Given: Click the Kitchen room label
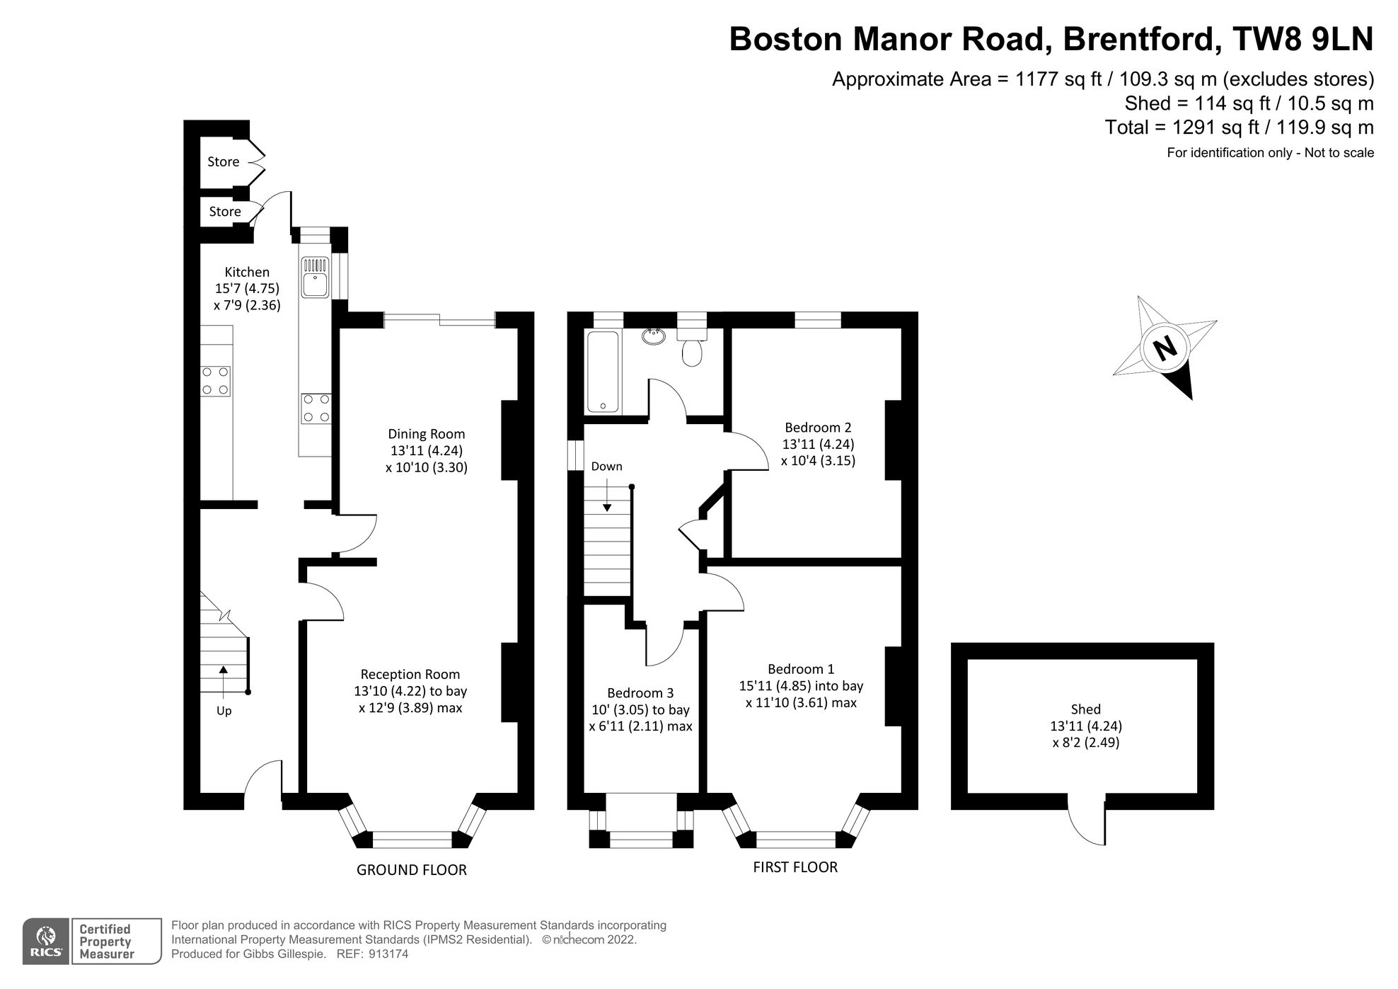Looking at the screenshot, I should click(247, 272).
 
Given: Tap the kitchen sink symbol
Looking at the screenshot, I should click(315, 278).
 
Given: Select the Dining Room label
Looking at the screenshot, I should click(426, 434).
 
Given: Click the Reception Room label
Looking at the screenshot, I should click(410, 675).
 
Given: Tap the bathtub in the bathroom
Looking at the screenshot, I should click(603, 372).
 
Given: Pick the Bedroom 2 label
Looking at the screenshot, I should click(818, 428).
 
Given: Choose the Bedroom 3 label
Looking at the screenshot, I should click(640, 693).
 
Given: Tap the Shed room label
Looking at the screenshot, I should click(1085, 709).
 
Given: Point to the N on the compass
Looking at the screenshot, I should click(1164, 348).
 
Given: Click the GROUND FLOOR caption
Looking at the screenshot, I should click(411, 870).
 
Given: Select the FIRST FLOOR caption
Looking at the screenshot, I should click(795, 867).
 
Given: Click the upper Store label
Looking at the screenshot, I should click(223, 162).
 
